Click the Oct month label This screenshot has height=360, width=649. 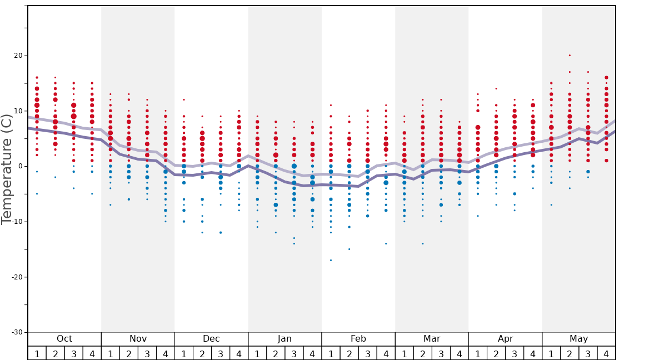coord(64,339)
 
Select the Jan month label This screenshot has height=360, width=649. coord(284,339)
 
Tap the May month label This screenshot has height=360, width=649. coord(578,339)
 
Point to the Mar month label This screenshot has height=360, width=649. coord(432,339)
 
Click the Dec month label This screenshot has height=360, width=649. coord(211,339)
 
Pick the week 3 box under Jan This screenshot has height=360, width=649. coord(294,353)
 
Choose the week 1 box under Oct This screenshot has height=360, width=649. coord(37,353)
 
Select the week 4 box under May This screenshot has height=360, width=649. coord(606,353)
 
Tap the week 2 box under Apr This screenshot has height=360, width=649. coord(496,353)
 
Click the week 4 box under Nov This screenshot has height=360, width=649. coord(166,353)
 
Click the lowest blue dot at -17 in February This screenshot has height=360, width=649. coord(331,260)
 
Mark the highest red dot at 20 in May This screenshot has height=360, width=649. coord(570,55)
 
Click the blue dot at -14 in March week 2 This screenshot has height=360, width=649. coord(422,243)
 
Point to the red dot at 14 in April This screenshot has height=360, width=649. coord(496,88)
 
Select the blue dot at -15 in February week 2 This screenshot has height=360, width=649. coord(349,249)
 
